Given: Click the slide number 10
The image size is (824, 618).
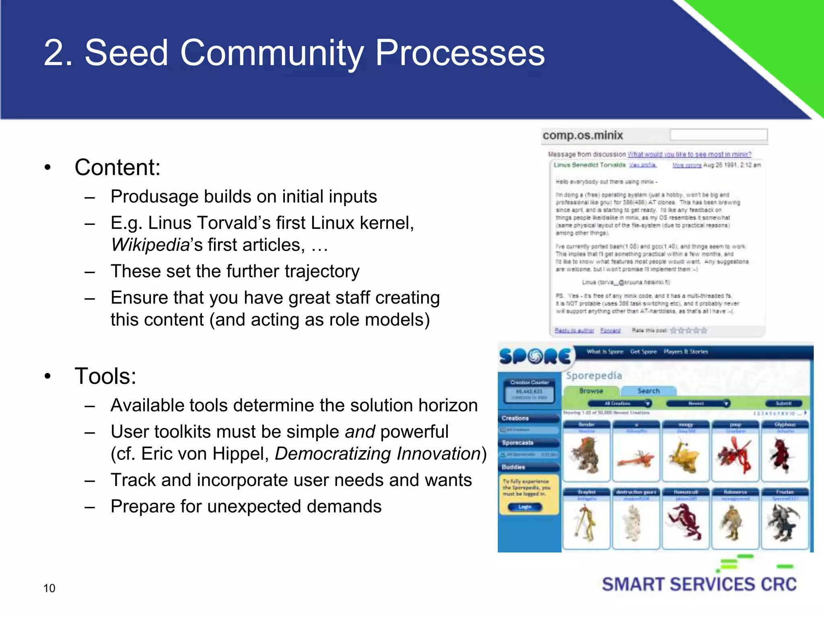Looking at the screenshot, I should (x=49, y=588).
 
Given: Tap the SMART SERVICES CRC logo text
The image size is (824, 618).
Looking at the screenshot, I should (x=699, y=585).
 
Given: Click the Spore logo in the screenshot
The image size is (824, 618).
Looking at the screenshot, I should (x=535, y=356).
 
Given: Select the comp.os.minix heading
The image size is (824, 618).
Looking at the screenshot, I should (x=583, y=136).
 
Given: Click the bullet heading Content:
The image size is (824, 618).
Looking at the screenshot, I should (x=117, y=167).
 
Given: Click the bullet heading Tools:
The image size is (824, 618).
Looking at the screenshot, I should (x=105, y=376).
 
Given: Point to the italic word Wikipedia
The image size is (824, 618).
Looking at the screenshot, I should (x=150, y=245).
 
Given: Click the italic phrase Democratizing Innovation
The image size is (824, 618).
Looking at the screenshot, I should (x=378, y=454).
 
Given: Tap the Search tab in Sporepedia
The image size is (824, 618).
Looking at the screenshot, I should (x=648, y=391).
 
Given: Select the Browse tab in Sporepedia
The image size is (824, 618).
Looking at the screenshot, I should (x=591, y=391).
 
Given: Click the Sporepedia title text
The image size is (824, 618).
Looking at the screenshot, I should (x=594, y=375).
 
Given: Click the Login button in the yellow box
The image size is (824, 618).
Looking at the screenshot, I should (x=525, y=507).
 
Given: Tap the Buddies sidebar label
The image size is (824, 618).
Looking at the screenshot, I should (x=513, y=467).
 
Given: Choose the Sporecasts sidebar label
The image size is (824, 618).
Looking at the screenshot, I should (x=517, y=443).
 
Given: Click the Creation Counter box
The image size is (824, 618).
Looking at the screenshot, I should (x=529, y=390).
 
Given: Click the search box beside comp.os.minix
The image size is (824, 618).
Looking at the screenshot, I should (x=719, y=135).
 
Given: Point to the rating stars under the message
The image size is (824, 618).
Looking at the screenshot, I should (x=688, y=331).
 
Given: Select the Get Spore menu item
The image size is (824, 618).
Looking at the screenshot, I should (x=643, y=352).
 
